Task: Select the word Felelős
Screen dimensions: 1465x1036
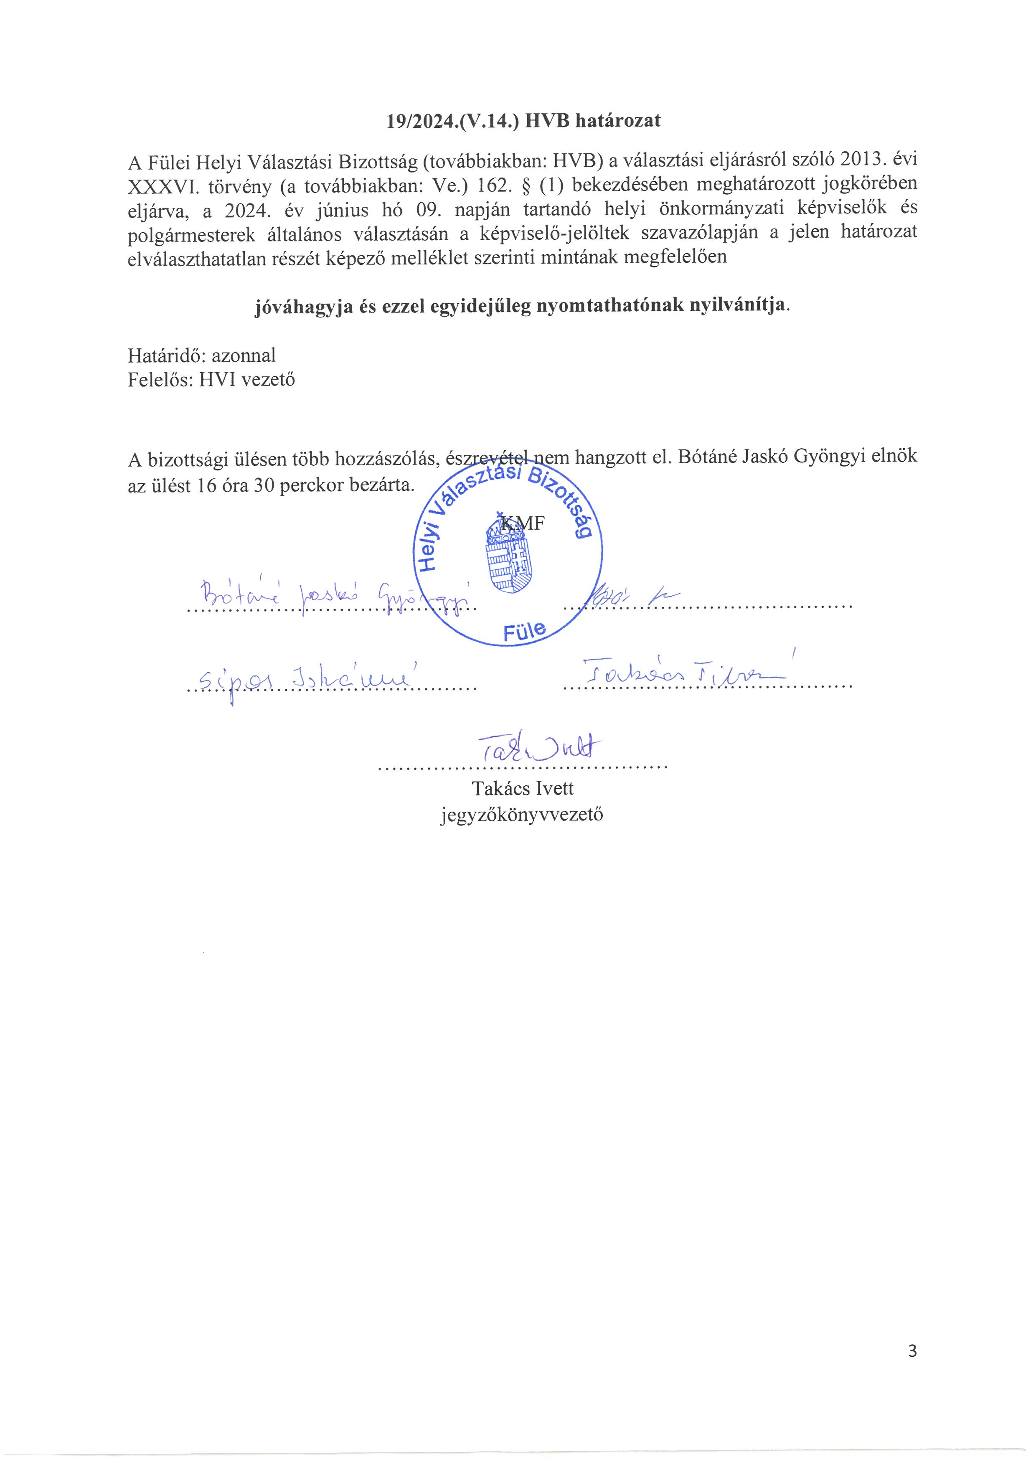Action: click(x=160, y=380)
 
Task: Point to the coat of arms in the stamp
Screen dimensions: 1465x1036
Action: click(x=508, y=553)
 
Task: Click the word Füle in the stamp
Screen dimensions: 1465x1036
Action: click(x=524, y=631)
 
